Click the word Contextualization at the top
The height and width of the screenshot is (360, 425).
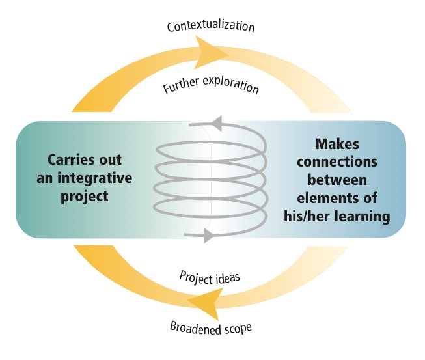tap(210, 27)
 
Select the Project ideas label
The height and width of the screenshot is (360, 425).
tap(210, 276)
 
